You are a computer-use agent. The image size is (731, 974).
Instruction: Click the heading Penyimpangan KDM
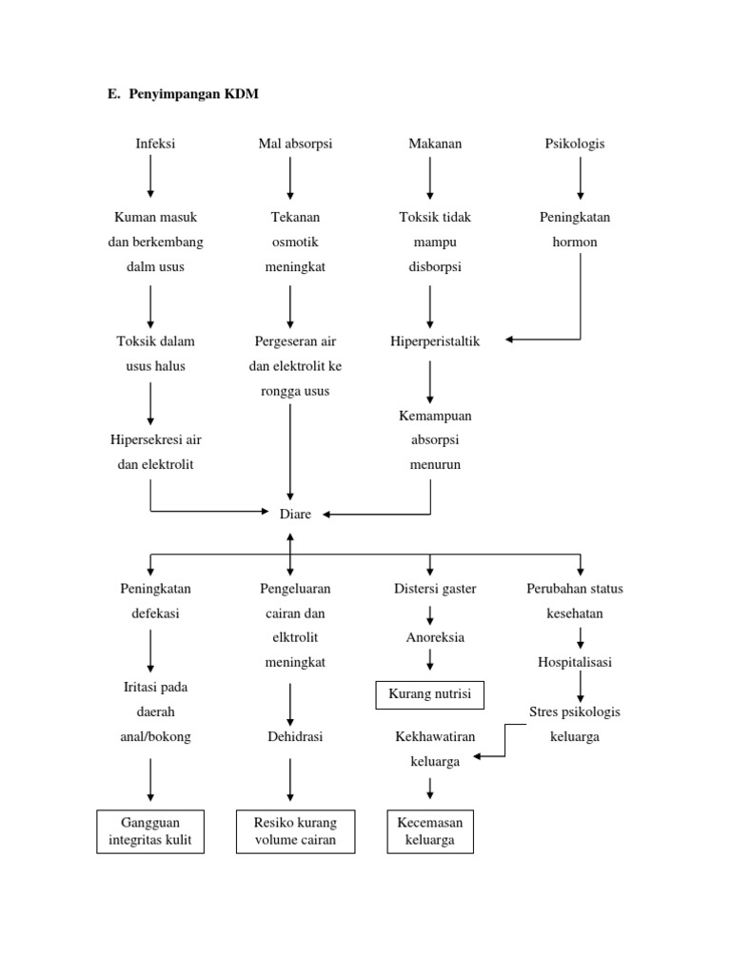click(193, 94)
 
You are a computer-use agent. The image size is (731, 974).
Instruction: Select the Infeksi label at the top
click(155, 144)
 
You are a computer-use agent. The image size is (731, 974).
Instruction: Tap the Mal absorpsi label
click(295, 145)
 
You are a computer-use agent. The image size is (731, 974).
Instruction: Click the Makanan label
click(435, 144)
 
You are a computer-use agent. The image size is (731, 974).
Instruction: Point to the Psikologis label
click(575, 145)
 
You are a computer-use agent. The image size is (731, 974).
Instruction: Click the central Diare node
click(295, 515)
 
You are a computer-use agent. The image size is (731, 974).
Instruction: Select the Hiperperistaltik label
click(435, 341)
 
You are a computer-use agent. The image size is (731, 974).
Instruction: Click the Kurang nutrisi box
click(430, 694)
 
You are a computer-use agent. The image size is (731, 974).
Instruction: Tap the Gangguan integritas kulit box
click(150, 831)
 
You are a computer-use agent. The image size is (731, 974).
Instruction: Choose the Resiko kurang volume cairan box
click(295, 831)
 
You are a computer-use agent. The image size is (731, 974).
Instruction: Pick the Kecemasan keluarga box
click(430, 831)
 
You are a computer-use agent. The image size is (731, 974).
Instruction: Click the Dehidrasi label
click(295, 737)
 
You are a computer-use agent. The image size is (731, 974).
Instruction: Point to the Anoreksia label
click(435, 637)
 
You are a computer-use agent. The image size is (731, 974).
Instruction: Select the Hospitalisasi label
click(575, 663)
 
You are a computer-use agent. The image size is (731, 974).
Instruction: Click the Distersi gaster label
click(435, 589)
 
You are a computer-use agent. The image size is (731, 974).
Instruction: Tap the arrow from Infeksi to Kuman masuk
click(150, 176)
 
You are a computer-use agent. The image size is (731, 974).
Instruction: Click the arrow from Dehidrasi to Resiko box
click(290, 780)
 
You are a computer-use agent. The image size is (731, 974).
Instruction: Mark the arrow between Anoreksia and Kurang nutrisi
click(430, 659)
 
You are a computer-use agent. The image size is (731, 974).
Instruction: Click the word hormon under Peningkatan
click(575, 243)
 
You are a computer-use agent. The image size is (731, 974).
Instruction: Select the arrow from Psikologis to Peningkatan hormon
click(581, 178)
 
